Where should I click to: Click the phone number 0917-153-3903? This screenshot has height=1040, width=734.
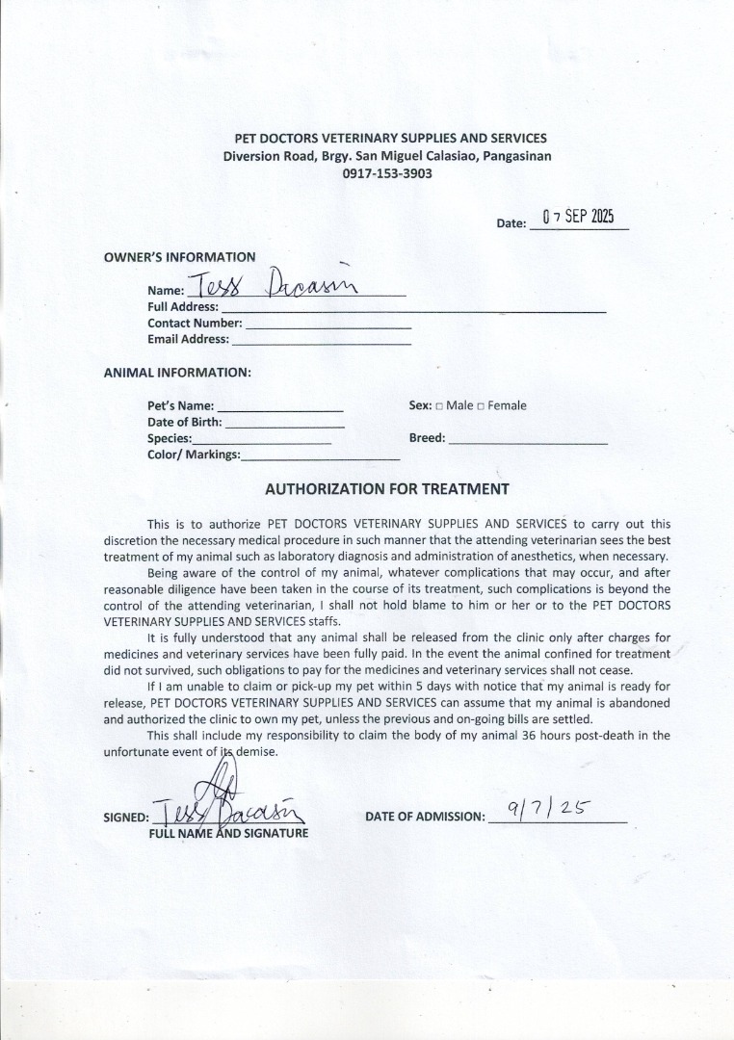tap(387, 174)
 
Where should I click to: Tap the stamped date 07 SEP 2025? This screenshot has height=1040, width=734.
tap(578, 217)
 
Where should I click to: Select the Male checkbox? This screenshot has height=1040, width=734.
tap(439, 406)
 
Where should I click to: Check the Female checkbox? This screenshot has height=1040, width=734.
tap(481, 406)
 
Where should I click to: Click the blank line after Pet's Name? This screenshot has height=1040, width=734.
tap(279, 409)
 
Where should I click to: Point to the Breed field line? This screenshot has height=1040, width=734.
tap(528, 441)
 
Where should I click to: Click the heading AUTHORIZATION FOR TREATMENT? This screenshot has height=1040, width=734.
tap(386, 489)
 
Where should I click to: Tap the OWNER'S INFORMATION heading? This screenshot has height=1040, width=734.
tap(179, 257)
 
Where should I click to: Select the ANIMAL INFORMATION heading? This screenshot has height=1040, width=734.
tap(177, 372)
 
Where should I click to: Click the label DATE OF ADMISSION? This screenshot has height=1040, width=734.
tap(425, 817)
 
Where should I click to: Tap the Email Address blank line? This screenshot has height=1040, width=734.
tap(322, 342)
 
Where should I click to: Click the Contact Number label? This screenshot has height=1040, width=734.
tap(195, 324)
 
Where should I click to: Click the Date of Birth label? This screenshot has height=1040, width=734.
tap(185, 422)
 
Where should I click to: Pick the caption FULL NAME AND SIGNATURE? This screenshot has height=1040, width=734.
tap(228, 833)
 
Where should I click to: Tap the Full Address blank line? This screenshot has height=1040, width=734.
tap(413, 310)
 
